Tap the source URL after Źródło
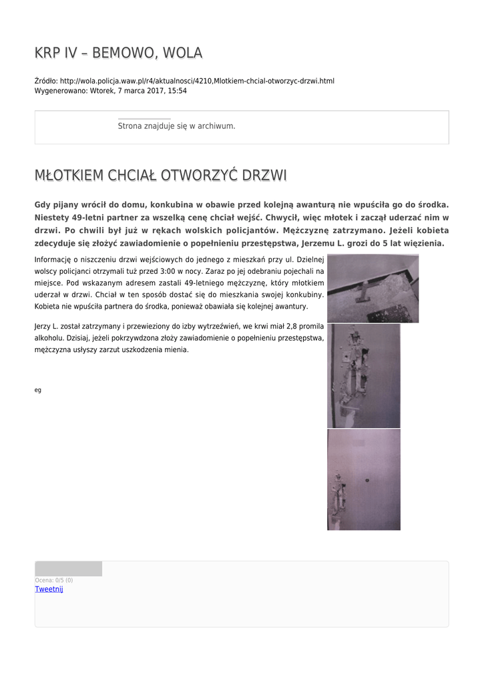point(197,81)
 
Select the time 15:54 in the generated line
point(178,90)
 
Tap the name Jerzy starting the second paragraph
point(43,326)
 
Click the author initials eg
point(37,390)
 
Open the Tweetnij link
point(49,588)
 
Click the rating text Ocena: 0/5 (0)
point(53,580)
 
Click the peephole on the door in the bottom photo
point(367,480)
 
